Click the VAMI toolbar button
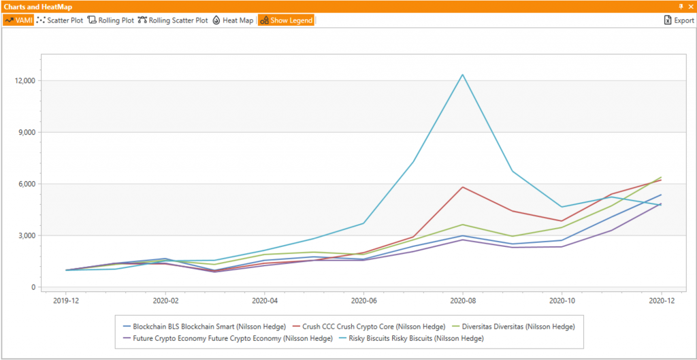[19, 20]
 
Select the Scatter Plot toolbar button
[60, 20]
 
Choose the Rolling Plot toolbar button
[111, 20]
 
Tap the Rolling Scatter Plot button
[173, 20]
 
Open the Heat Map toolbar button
[233, 20]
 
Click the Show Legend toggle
[286, 20]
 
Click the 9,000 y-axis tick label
[24, 133]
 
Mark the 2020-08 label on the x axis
[463, 300]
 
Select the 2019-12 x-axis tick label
[66, 300]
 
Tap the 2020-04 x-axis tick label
[264, 300]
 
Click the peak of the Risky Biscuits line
[463, 75]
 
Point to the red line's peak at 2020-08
[463, 187]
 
